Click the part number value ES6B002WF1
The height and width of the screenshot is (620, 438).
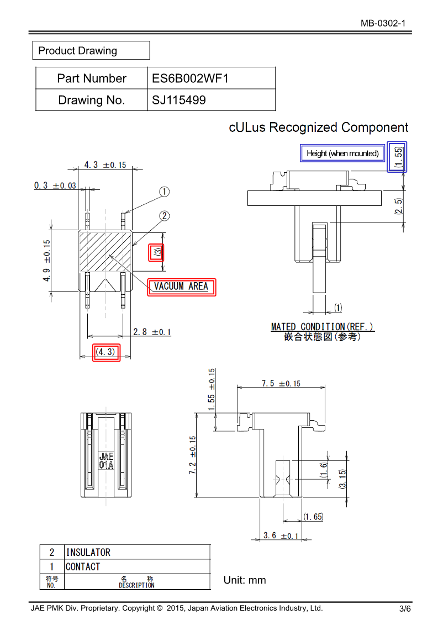(x=190, y=78)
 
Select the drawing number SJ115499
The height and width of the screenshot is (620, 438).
(x=179, y=100)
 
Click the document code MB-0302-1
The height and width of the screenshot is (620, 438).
(x=383, y=23)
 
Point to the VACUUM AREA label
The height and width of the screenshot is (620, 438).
(x=181, y=287)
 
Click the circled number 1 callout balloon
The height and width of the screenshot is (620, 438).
(x=164, y=192)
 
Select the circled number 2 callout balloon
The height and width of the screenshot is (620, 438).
(x=164, y=216)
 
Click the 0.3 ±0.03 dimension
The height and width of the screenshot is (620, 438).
(x=55, y=186)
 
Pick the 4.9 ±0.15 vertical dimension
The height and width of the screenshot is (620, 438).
(x=47, y=260)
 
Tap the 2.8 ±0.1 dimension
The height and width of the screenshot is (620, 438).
(x=152, y=332)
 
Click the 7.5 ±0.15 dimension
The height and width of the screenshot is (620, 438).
(x=281, y=384)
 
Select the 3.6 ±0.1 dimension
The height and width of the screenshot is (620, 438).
(x=281, y=536)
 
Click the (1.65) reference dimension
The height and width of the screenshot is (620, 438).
(x=313, y=517)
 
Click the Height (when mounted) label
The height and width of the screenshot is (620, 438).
(x=342, y=153)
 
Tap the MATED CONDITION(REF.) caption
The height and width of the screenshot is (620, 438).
(x=323, y=327)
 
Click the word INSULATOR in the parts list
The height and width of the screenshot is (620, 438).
(x=88, y=552)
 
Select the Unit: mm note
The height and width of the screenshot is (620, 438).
(x=245, y=580)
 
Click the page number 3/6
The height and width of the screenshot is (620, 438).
(x=405, y=609)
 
